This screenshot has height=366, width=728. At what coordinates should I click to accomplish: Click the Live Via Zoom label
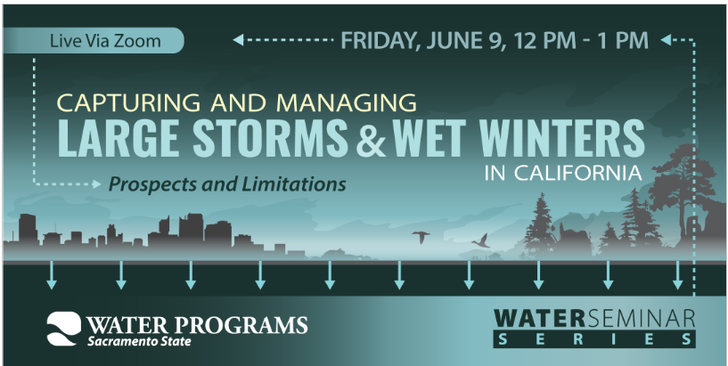[x=105, y=41]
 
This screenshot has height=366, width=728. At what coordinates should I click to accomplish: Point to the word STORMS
[x=270, y=138]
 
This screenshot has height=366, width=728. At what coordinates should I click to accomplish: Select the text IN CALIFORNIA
[x=563, y=173]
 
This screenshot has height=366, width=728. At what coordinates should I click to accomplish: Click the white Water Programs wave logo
[x=63, y=329]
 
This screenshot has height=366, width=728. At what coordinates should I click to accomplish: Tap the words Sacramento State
[x=139, y=342]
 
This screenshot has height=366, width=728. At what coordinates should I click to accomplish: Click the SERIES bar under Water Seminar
[x=594, y=338]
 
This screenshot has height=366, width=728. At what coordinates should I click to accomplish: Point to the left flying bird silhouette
[x=421, y=237]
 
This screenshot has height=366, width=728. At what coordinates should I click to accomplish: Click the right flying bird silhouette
[x=480, y=240]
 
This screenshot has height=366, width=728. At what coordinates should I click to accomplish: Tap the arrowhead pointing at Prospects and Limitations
[x=96, y=184]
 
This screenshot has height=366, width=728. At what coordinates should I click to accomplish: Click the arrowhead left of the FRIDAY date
[x=238, y=40]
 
